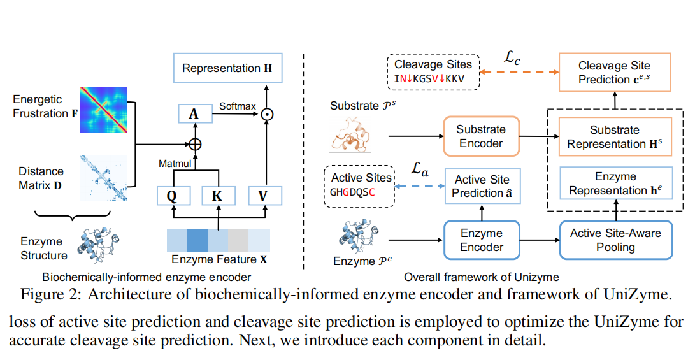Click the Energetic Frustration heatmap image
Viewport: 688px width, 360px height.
tap(104, 110)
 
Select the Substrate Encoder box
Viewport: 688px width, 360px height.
tap(481, 136)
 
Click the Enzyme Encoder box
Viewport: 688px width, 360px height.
tap(481, 240)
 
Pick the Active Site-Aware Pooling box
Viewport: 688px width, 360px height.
tap(615, 240)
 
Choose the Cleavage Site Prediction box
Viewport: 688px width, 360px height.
tap(615, 73)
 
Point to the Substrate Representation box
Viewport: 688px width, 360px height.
tap(615, 137)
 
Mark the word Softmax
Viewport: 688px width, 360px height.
tap(237, 105)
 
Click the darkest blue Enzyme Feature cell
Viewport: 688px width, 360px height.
tap(197, 241)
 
